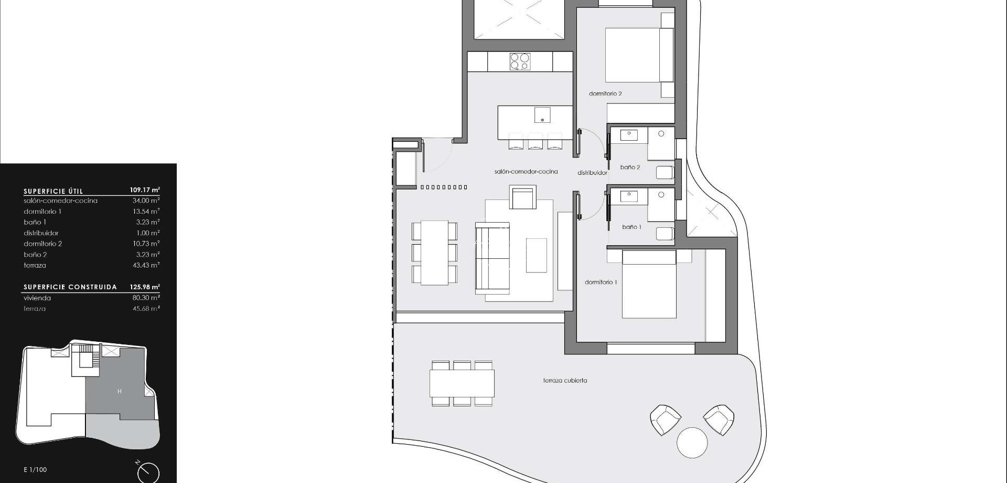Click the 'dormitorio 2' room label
coord(605,94)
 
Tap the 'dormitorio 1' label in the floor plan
coord(601,282)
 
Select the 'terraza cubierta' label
coord(565,381)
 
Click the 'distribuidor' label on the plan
coord(592,173)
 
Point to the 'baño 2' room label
coord(630,167)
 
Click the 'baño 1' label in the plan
coord(631,227)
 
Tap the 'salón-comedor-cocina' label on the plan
coord(526,172)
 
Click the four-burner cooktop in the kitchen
coord(520,61)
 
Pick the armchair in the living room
coord(522,198)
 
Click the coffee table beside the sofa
coord(536,255)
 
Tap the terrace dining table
coord(462,383)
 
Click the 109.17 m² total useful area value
coord(145,190)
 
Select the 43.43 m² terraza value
coord(146,266)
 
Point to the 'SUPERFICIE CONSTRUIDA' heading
coord(70,287)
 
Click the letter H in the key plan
coord(120,392)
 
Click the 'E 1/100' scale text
coord(35,470)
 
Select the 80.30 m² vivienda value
coord(146,298)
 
